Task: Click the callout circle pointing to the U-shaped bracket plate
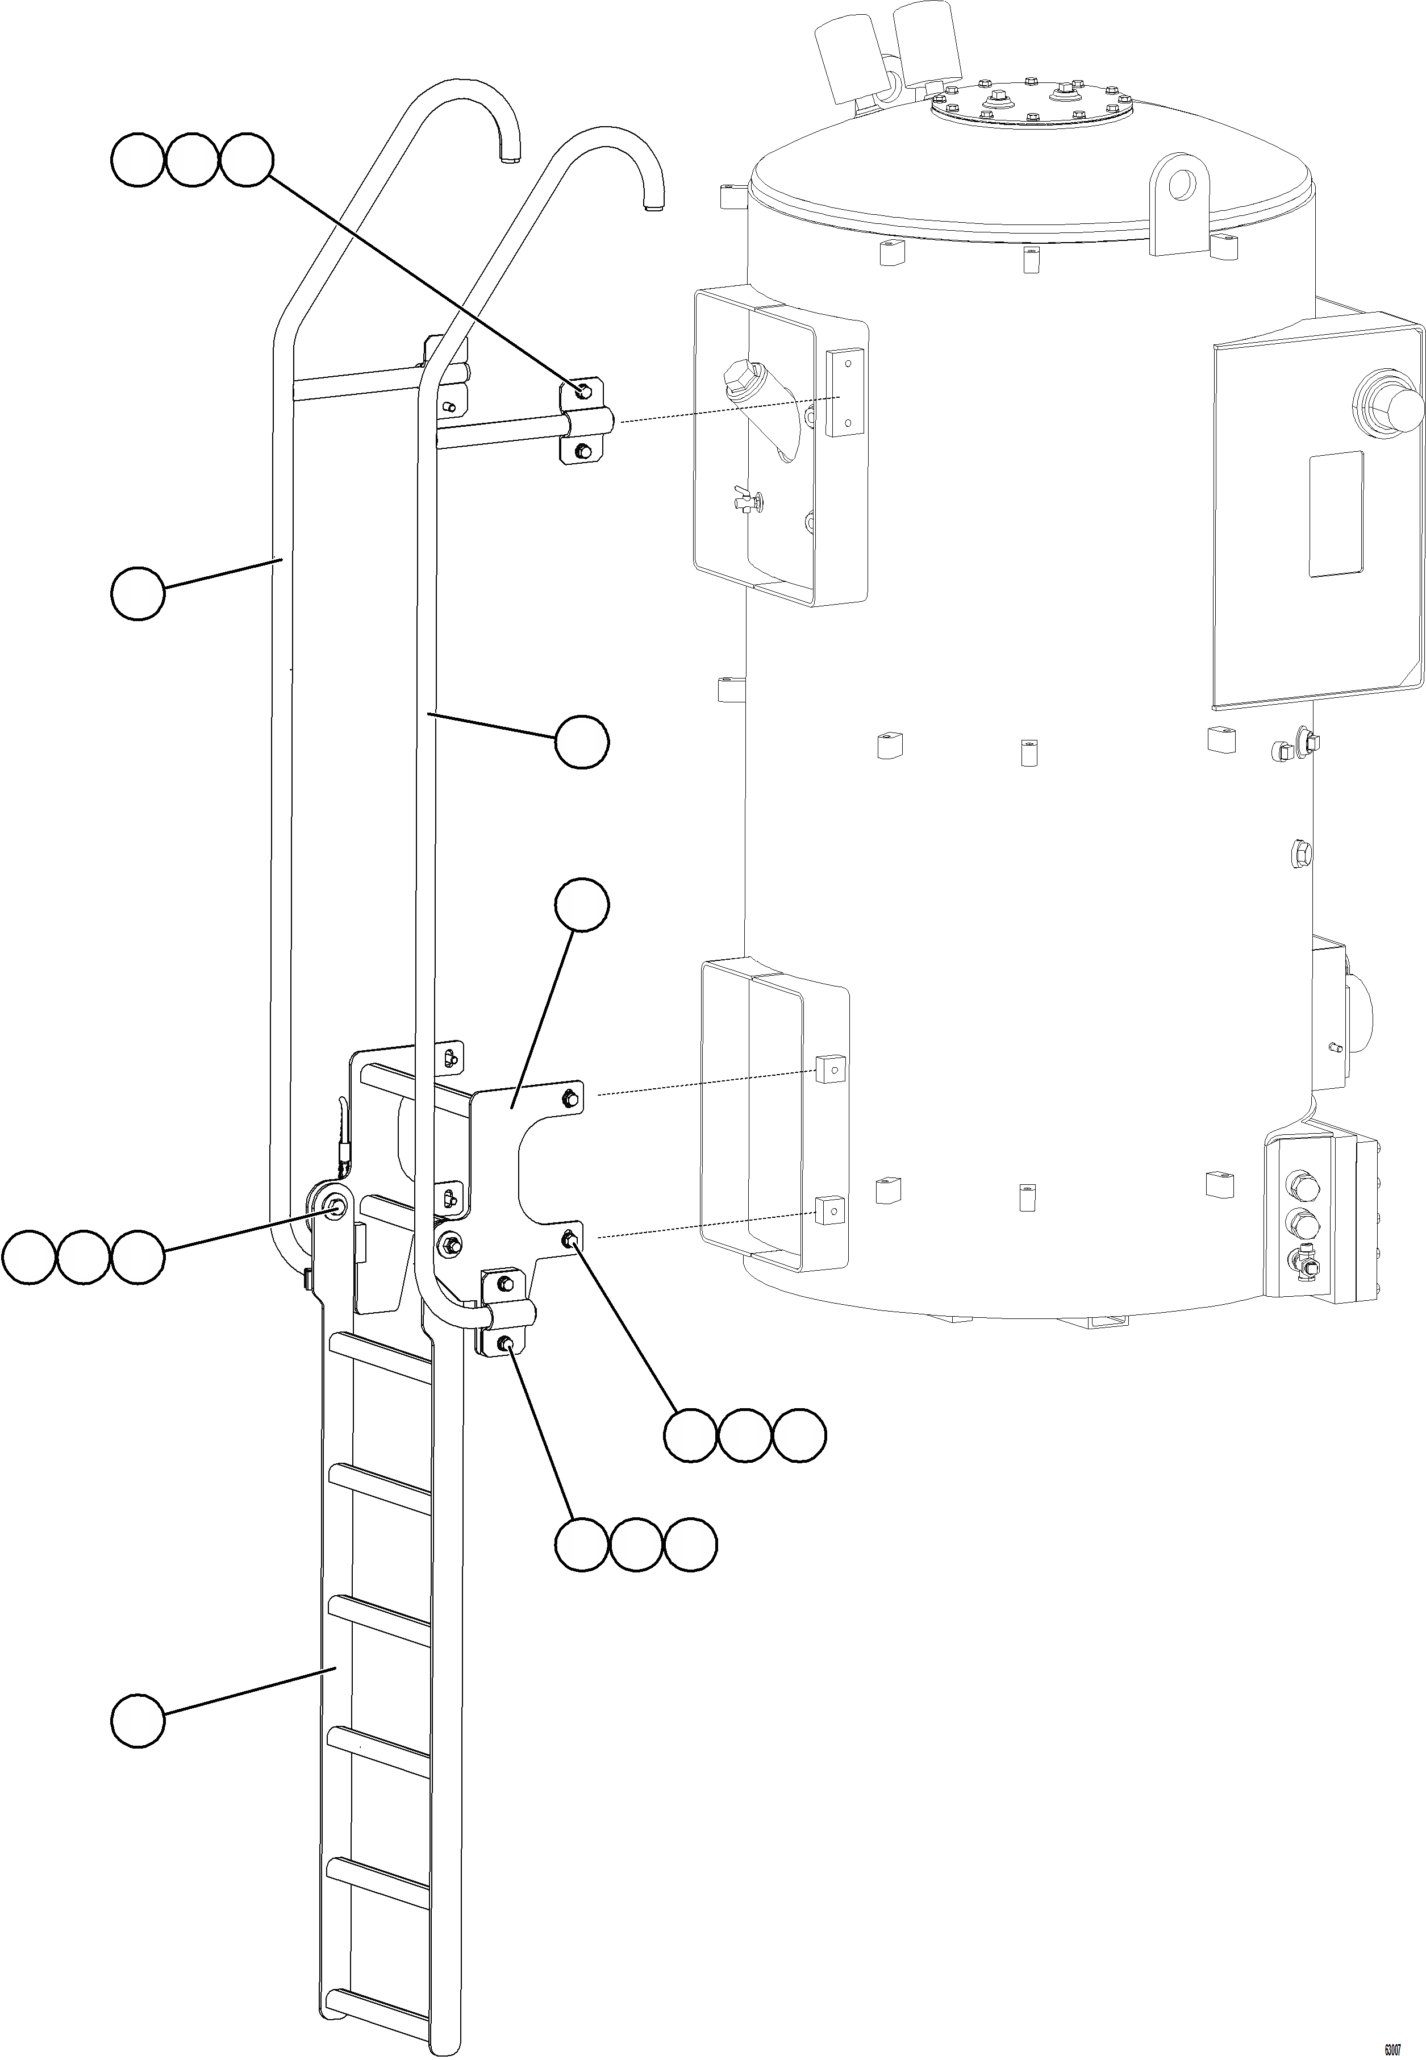[x=582, y=905]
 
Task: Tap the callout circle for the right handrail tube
[x=582, y=741]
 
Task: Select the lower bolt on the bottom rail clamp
[x=505, y=1343]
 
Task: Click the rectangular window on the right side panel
[x=1336, y=514]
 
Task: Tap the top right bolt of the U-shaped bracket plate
[x=569, y=1097]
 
